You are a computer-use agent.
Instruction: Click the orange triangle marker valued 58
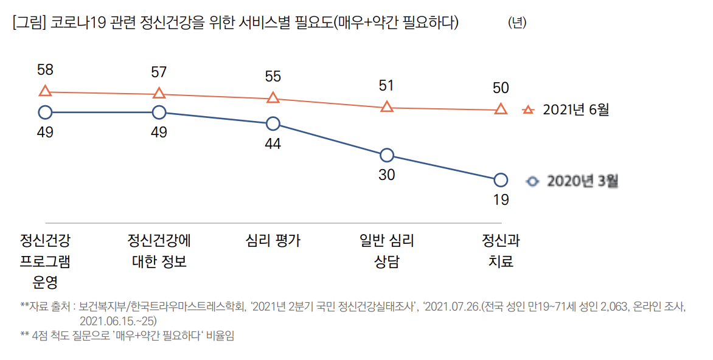tap(45, 91)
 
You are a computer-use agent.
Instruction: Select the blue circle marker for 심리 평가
tap(273, 123)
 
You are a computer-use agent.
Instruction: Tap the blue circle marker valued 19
tap(501, 180)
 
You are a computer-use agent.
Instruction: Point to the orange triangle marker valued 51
tap(386, 107)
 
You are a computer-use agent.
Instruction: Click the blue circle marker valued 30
tap(386, 155)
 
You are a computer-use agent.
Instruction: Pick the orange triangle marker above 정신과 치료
tap(501, 109)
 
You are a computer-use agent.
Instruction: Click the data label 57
tap(159, 72)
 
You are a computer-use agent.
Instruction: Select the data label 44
tap(273, 144)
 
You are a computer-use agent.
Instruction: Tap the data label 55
tap(273, 77)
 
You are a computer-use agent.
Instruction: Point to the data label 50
tap(501, 88)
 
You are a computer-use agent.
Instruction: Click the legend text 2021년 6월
tap(576, 110)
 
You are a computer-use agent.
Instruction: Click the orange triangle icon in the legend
tap(529, 110)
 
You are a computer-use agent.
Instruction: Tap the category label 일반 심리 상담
tap(386, 251)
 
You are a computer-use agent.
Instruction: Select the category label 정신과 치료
tap(501, 251)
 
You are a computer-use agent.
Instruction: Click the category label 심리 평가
tap(273, 241)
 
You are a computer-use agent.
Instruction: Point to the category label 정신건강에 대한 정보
tap(159, 251)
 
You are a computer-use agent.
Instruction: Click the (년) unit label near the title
tap(517, 23)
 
